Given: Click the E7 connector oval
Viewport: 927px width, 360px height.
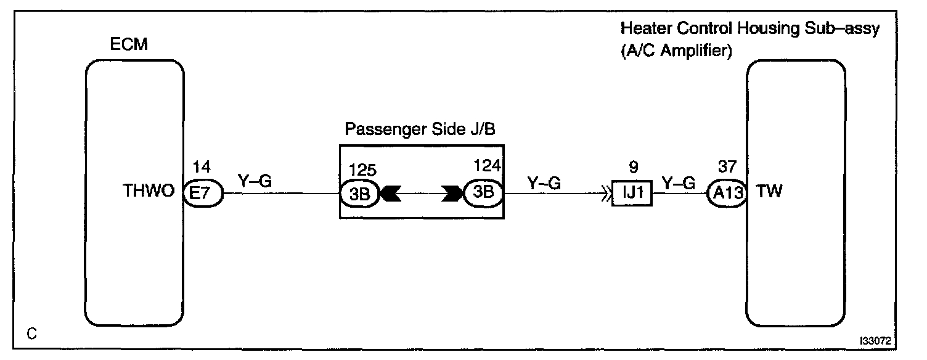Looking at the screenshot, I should click(x=204, y=194).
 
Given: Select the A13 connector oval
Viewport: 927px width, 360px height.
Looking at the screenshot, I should click(x=727, y=194).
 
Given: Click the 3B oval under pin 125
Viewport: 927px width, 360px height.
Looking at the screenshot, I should click(x=361, y=194).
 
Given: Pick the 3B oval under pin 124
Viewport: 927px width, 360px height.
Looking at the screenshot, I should click(x=483, y=194).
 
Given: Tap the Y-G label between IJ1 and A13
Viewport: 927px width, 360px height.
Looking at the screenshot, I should click(x=679, y=182).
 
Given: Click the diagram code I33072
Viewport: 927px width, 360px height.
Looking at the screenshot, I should click(x=878, y=340).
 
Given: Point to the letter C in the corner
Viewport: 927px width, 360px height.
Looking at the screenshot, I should click(x=31, y=333).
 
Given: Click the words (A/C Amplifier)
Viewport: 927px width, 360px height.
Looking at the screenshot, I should click(x=676, y=52).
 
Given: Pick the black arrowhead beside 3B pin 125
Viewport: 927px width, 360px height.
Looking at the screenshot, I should click(x=390, y=194).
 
